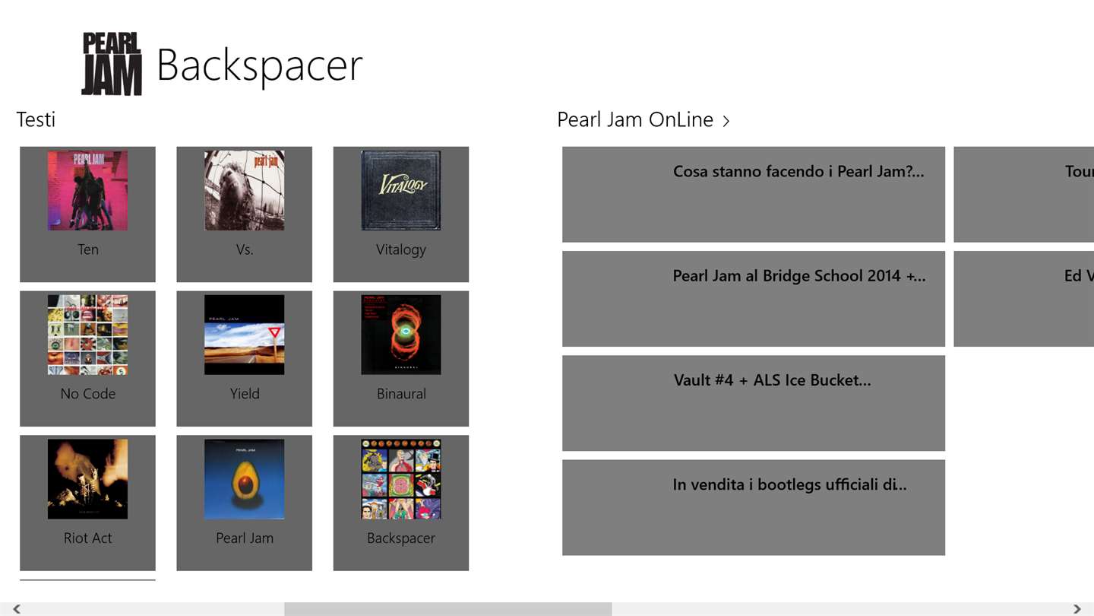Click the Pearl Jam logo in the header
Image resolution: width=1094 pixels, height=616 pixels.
point(112,64)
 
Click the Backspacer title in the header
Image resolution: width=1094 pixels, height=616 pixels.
point(259,65)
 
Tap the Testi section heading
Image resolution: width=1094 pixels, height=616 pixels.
point(36,119)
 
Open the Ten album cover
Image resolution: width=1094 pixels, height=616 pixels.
point(87,190)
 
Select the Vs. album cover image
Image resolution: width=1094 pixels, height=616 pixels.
point(244,190)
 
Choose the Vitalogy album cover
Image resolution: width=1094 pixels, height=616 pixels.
point(400,190)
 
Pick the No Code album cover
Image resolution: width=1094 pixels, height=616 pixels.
point(87,335)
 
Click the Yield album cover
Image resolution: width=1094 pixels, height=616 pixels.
point(244,335)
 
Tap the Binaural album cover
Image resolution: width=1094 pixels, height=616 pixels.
point(400,335)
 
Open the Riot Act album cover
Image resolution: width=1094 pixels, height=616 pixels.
point(87,479)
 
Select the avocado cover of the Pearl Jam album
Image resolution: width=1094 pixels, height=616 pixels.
point(244,479)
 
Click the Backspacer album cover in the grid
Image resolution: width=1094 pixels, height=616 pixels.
point(400,479)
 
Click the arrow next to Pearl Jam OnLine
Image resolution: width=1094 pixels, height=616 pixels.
point(726,120)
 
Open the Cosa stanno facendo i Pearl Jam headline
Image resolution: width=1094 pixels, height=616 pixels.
point(798,172)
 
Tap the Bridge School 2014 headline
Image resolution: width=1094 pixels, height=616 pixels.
point(798,276)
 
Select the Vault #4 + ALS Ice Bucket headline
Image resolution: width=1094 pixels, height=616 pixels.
point(772,380)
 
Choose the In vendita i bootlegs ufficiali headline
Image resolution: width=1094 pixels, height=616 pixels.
point(789,484)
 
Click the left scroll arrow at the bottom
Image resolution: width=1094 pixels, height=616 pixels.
point(16,609)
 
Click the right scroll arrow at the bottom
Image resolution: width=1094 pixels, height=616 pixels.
point(1077,609)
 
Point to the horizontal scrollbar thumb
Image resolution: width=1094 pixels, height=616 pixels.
point(447,609)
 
